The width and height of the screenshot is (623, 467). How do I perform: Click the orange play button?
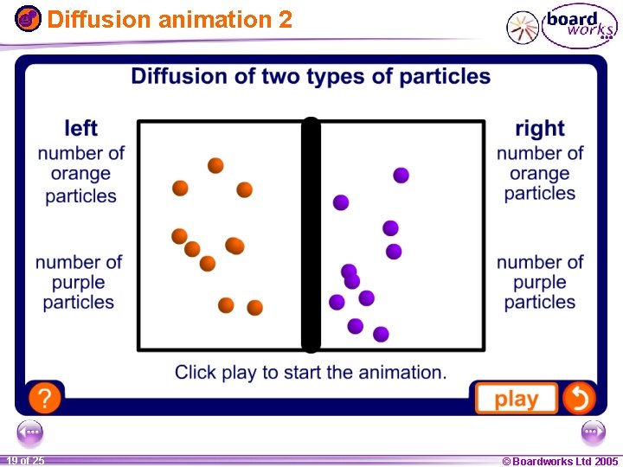pos(517,399)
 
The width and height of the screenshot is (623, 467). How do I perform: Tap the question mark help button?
pos(45,398)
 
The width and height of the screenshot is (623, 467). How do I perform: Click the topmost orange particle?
pos(215,165)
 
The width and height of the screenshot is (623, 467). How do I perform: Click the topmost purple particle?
pos(401,176)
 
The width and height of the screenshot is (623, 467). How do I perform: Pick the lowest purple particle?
pos(381,334)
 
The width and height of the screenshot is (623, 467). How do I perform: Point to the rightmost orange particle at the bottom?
pos(254,307)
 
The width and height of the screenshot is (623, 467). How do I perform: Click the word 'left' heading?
pos(81,129)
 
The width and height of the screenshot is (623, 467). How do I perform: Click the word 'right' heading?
pos(540,129)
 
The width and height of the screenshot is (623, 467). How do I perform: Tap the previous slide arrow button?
pos(29,432)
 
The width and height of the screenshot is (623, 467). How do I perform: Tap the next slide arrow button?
pos(594,432)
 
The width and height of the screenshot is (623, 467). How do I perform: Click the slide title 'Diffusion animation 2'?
pos(170,19)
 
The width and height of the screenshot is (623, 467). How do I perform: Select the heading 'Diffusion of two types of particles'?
pos(311,76)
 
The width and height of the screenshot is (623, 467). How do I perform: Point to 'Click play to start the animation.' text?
pos(311,373)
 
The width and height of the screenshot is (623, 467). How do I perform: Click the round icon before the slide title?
pos(29,17)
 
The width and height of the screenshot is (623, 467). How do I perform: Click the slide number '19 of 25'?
pos(25,460)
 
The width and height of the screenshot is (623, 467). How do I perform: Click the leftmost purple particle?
pos(337,302)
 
